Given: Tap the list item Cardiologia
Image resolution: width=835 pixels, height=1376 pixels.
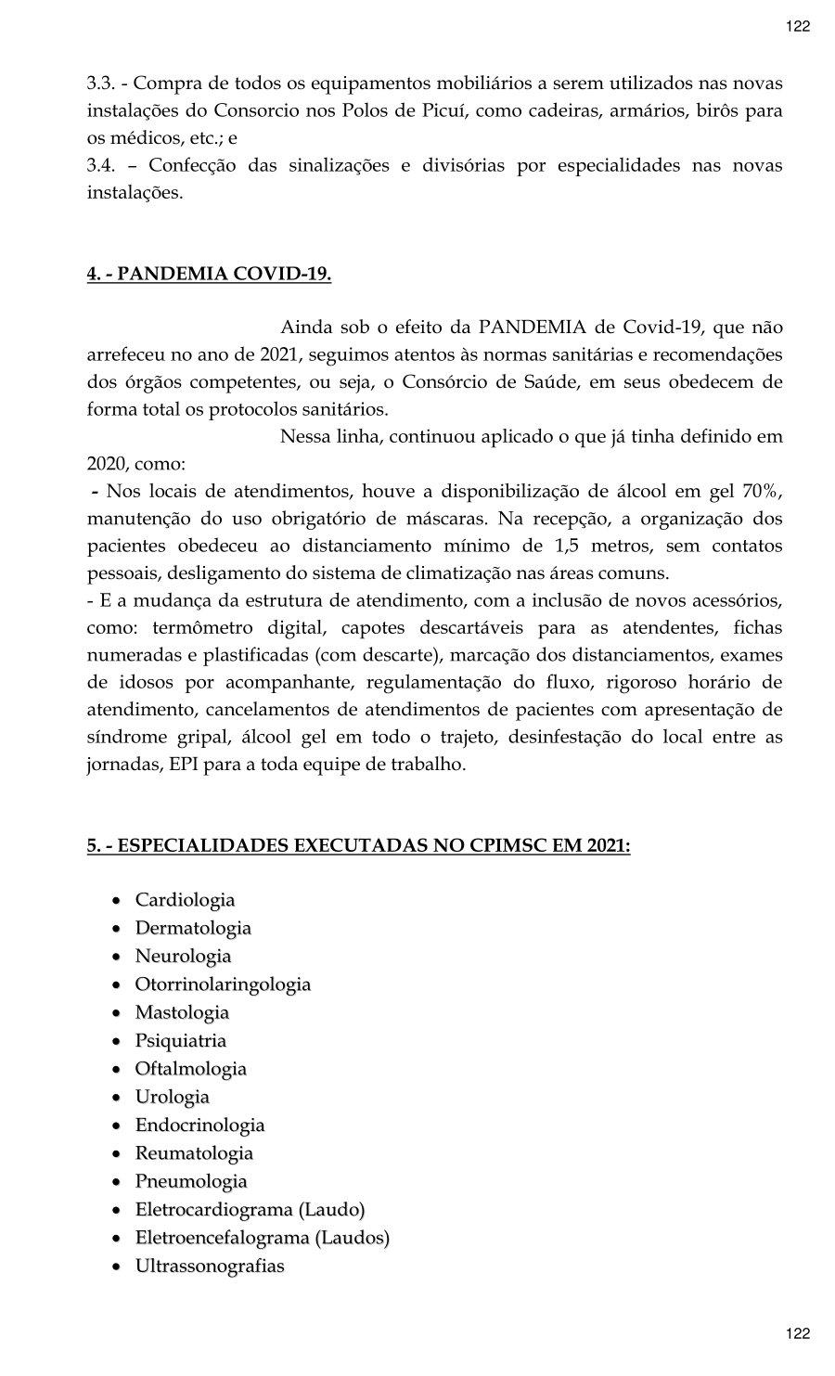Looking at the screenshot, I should coord(185,900).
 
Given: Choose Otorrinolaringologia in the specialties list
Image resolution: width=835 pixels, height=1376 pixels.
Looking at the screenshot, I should coord(223,984).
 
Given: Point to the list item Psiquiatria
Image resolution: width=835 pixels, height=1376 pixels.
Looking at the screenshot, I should coord(181,1041).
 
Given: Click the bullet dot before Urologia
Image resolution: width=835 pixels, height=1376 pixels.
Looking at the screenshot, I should coord(115,1099).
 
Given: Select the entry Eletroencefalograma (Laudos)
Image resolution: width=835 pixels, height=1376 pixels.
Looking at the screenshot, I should coord(263,1238).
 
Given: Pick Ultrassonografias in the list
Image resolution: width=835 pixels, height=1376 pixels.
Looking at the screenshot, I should coord(210,1267).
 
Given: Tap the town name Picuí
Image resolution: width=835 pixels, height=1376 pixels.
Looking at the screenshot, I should coord(435,110).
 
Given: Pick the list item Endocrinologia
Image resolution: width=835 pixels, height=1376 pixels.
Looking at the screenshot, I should coord(199,1125).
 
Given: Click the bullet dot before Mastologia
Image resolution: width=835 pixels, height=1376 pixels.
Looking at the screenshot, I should coord(115,1014).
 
